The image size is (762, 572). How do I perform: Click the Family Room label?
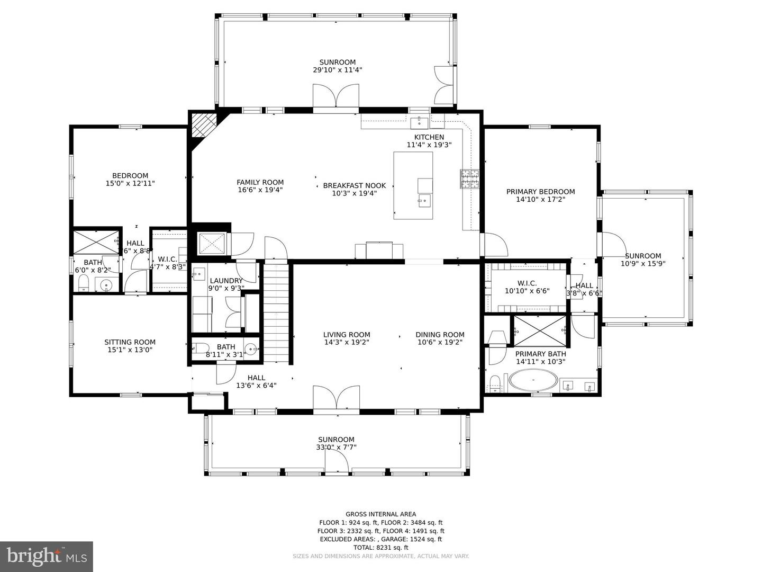tap(260, 182)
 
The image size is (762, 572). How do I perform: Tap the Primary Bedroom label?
tap(540, 192)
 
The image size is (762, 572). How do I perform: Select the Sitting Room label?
tap(130, 342)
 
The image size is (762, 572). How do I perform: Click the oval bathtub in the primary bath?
tap(533, 381)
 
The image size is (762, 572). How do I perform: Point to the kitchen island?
tap(413, 185)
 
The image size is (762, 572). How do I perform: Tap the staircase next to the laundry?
tap(277, 312)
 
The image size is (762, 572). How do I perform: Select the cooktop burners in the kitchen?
tap(469, 179)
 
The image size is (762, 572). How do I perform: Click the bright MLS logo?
tap(47, 556)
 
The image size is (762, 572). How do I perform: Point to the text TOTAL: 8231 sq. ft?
tap(380, 548)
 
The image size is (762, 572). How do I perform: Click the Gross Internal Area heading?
tap(380, 514)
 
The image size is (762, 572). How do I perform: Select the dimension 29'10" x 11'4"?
tap(337, 70)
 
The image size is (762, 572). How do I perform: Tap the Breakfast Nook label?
tap(354, 185)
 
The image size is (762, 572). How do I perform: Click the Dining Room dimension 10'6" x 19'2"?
tap(440, 342)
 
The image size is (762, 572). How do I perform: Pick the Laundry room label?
tap(226, 281)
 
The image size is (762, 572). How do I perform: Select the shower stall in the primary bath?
tap(540, 330)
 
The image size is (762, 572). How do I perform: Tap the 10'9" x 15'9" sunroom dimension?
tap(643, 263)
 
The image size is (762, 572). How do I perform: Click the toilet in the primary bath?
tap(495, 383)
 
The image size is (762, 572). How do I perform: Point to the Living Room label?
tap(347, 335)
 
